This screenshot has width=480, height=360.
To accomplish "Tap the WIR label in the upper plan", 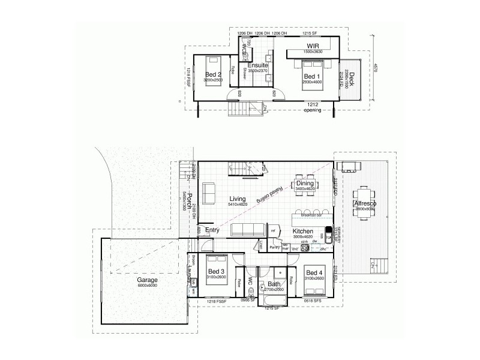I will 313,46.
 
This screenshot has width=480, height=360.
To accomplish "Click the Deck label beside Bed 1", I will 352,77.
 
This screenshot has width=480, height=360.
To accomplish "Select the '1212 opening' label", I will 313,107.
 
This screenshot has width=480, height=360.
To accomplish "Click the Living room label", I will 238,198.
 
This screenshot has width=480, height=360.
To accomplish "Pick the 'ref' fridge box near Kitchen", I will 274,230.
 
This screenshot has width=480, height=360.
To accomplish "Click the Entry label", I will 212,230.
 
